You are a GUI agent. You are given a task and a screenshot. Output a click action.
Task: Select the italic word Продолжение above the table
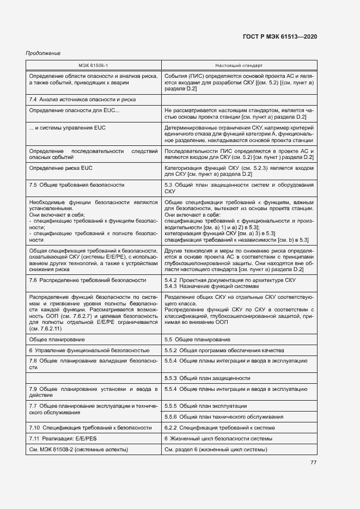tap(43, 53)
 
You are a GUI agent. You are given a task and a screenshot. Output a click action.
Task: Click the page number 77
tap(313, 463)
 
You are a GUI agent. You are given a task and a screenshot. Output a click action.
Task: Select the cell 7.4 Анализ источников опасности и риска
tap(82, 100)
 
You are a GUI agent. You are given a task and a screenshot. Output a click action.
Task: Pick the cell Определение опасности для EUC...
tap(74, 111)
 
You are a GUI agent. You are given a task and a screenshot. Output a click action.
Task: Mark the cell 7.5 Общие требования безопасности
tap(77, 185)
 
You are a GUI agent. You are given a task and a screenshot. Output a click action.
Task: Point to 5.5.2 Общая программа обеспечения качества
tap(224, 350)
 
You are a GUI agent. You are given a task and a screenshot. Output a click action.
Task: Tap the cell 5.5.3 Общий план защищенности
tap(207, 378)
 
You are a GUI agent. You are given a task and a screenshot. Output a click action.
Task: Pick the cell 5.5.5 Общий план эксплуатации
tap(205, 406)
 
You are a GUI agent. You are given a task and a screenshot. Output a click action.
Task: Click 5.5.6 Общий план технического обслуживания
tap(224, 417)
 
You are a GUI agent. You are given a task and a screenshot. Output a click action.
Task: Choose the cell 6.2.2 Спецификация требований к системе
tap(218, 428)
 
